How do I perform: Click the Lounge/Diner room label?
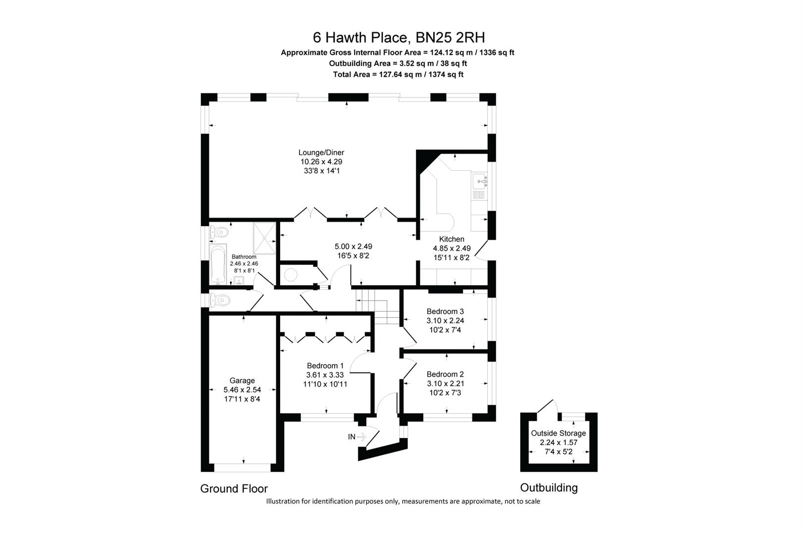(321, 153)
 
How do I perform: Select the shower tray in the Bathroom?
(264, 238)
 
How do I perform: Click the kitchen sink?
(480, 181)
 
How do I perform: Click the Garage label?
(242, 381)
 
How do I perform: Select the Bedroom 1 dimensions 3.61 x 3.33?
(325, 375)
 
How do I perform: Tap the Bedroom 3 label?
(445, 311)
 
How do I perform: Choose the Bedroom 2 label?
(445, 374)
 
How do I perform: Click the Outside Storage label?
(558, 433)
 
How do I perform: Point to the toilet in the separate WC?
(220, 300)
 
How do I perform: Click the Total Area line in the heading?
(398, 75)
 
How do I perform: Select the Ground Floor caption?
(234, 489)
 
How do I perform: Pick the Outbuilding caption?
(549, 488)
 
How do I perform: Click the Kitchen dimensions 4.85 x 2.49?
(451, 248)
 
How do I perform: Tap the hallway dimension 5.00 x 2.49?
(353, 246)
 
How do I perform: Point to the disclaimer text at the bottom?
(403, 501)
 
